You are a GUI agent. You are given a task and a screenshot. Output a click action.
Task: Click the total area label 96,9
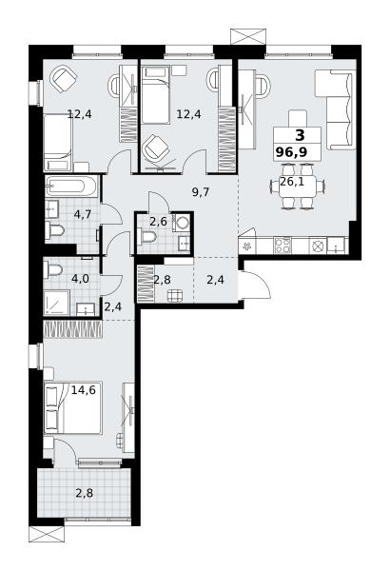[x=291, y=151]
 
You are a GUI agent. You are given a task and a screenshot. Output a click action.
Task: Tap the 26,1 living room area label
[x=292, y=182]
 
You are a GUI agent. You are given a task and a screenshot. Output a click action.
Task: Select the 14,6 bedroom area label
[x=84, y=390]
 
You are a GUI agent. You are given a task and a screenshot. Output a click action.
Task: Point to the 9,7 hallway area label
[x=201, y=192]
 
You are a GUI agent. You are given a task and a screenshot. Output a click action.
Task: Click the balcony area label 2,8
[x=84, y=493]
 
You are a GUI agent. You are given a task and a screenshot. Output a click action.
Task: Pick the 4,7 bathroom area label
[x=83, y=214]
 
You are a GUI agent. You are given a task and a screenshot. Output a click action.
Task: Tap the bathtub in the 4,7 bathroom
[x=71, y=187]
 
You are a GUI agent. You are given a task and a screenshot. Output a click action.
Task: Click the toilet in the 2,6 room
[x=146, y=237]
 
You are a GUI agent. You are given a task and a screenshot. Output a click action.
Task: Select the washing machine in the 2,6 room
[x=182, y=222]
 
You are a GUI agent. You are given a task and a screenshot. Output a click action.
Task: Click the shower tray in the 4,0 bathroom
[x=56, y=303]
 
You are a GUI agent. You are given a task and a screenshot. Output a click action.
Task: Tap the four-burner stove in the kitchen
[x=283, y=246]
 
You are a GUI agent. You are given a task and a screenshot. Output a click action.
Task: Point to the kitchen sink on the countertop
[x=336, y=246]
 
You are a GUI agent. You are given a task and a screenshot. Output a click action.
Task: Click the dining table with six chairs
[x=297, y=187]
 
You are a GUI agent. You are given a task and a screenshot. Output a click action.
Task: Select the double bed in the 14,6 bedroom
[x=72, y=408]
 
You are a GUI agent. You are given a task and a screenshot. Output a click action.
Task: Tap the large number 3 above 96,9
[x=300, y=136]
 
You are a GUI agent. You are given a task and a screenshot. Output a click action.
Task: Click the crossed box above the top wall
[x=248, y=36]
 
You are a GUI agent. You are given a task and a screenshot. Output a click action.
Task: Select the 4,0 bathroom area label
[x=81, y=279]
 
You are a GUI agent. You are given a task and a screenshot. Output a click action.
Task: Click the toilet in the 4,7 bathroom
[x=55, y=230]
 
